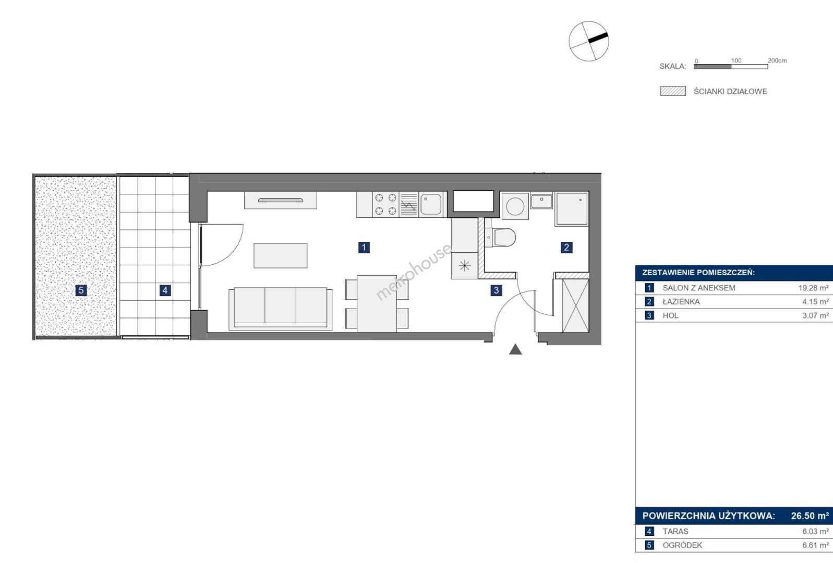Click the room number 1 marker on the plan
tap(364, 248)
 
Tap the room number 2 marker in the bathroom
tap(566, 248)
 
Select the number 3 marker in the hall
tap(496, 290)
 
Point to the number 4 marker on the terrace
tap(165, 290)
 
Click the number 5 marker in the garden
tap(81, 290)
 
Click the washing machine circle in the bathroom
tap(515, 206)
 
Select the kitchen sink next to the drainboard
tap(431, 204)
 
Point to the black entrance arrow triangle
tap(515, 349)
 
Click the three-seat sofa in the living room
tap(281, 309)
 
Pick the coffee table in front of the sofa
tap(281, 255)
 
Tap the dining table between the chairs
tap(377, 303)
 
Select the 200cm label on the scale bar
tap(777, 60)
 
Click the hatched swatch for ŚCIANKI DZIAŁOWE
tap(673, 91)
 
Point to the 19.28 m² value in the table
tap(813, 288)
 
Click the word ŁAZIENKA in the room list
tap(681, 301)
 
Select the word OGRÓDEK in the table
tap(682, 545)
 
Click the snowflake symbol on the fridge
tap(464, 266)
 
